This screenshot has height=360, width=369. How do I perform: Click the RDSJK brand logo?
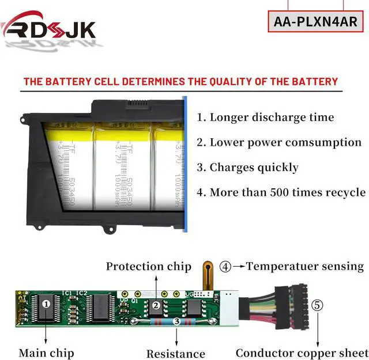tap(48, 27)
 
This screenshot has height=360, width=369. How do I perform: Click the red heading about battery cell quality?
tap(180, 81)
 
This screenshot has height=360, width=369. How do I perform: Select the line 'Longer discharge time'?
tap(266, 118)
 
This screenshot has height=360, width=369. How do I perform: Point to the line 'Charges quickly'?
tap(248, 168)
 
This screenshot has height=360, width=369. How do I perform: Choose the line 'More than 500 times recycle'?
tap(281, 192)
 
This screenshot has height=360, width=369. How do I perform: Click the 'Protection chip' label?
tap(148, 266)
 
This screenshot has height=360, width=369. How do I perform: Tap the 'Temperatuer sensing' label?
tap(305, 266)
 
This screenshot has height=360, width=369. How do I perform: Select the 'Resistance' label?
tap(176, 354)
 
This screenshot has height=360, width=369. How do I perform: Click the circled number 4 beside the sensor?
tap(225, 266)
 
